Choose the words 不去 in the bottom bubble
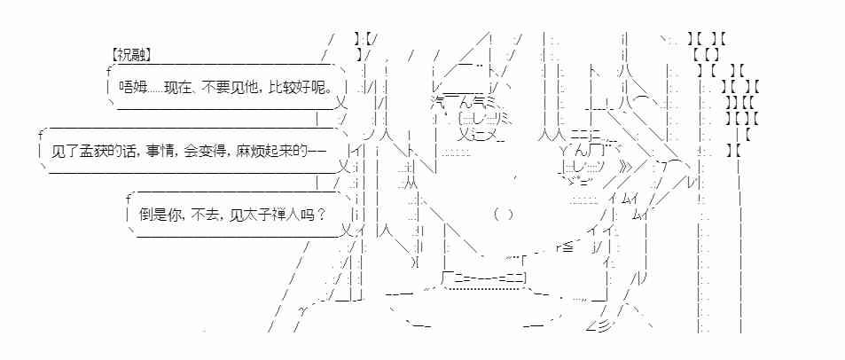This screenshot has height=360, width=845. tap(206, 214)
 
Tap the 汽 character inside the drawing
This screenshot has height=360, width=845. tap(438, 104)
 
